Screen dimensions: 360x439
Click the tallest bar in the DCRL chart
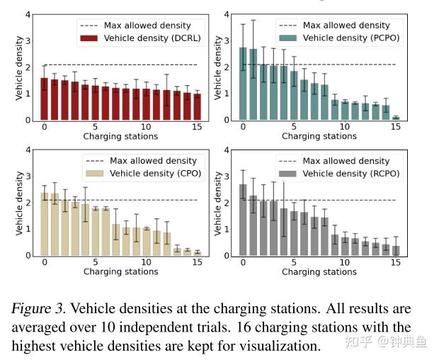coord(44,99)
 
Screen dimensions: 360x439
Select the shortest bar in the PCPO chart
coord(396,118)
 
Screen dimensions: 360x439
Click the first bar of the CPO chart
coord(44,224)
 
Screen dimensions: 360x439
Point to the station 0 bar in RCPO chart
coord(243,220)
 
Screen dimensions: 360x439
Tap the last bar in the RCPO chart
coord(396,250)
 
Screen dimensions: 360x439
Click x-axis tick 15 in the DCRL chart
coord(197,126)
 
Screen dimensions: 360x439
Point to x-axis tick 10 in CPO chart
coord(147,261)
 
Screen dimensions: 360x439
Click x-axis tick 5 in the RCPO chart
coord(294,261)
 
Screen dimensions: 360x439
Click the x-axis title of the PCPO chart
coord(319,136)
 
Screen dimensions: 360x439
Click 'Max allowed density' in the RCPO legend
coord(346,161)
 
